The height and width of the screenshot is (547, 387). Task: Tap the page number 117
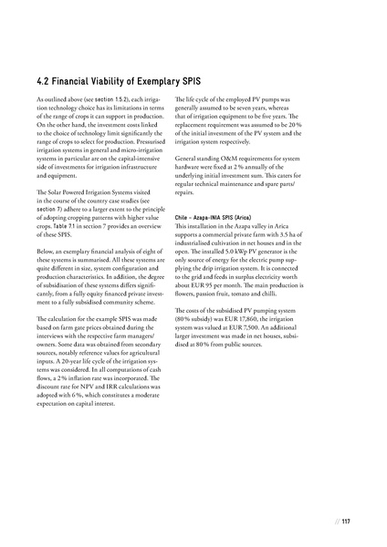click(x=346, y=522)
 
